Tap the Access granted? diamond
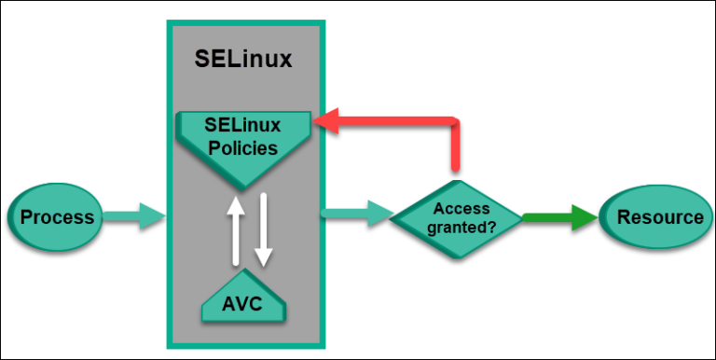coord(455,217)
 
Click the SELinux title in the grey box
coord(243,59)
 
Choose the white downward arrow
coord(263,228)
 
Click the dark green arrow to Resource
coord(559,217)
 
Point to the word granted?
coord(454,227)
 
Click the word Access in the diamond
coord(454,209)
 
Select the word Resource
coord(660,217)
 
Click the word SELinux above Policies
coord(243,126)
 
